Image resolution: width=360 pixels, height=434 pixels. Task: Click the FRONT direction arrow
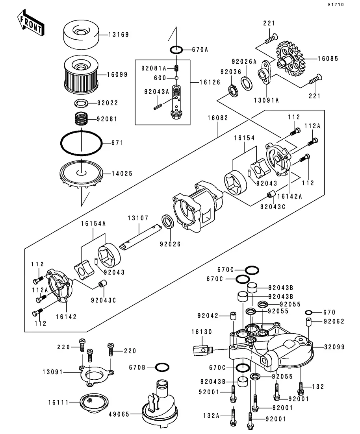[x=31, y=24]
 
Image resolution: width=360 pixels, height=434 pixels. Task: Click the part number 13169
[x=119, y=35]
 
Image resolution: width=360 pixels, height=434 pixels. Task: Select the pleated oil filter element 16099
[x=81, y=74]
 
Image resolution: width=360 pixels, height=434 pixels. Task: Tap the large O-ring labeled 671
[x=82, y=143]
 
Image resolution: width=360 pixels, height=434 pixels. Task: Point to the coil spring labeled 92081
[x=82, y=118]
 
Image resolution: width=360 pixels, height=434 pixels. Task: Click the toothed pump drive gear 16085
[x=290, y=59]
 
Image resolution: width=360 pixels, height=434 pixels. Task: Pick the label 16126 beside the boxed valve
[x=210, y=82]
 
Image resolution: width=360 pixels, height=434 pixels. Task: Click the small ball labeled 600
[x=176, y=78]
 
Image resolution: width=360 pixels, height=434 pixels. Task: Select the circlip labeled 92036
[x=233, y=91]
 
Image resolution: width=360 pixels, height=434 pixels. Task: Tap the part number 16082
[x=218, y=118]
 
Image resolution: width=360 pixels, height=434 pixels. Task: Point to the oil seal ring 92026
[x=168, y=222]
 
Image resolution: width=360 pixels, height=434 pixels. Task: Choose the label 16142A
[x=289, y=196]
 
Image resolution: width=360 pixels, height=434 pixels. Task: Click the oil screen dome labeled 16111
[x=94, y=403]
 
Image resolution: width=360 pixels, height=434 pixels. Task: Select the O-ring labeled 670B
[x=162, y=367]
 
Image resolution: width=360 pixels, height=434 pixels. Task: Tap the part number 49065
[x=119, y=414]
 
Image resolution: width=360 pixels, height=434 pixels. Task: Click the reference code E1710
[x=336, y=5]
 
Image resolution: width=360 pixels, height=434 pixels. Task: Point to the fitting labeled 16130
[x=203, y=350]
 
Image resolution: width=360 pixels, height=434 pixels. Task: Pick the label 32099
[x=334, y=347]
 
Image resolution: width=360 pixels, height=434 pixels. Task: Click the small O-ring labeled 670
[x=309, y=312]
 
